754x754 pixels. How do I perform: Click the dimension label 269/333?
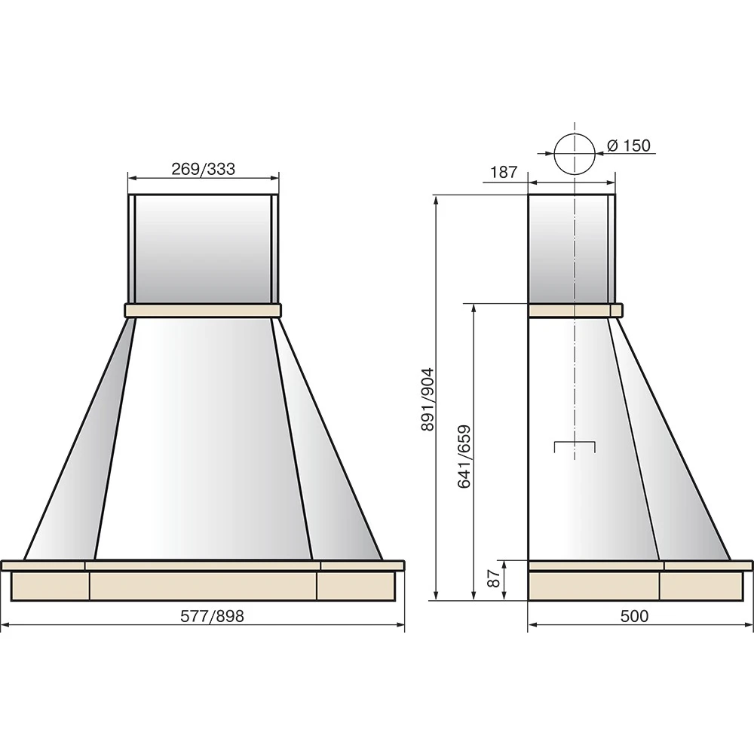coord(204,169)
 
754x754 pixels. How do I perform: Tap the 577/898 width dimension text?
coord(212,615)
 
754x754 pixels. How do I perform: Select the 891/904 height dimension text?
coord(427,399)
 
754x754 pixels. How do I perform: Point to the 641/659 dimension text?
coord(464,456)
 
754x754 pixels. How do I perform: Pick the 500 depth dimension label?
coord(634,615)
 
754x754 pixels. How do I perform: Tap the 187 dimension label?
coord(504,172)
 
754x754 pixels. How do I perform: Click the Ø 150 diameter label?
coord(629,146)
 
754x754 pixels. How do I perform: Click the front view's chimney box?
coord(203,249)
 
